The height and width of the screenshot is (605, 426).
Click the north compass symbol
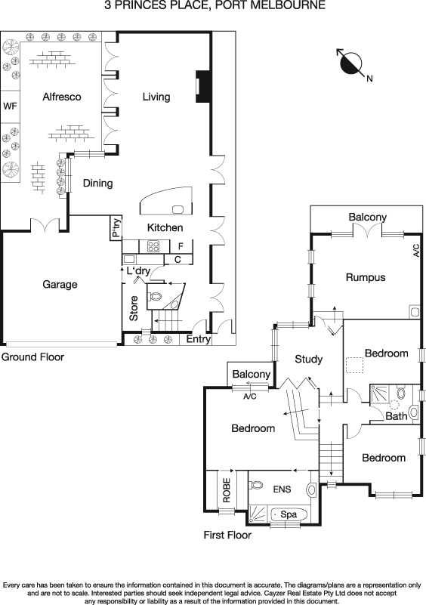point(352,63)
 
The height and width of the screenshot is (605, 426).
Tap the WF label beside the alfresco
point(10,106)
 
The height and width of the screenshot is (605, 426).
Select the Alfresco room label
point(62,97)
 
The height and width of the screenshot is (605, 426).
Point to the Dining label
point(97,183)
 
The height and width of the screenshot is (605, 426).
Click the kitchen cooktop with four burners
point(153,245)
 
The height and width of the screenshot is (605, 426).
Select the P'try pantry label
point(116,229)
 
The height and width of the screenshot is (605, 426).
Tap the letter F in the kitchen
point(180,245)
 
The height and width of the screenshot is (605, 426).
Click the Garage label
point(60,285)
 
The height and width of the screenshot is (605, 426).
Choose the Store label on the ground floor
point(134,312)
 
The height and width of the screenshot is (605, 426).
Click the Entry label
point(199,339)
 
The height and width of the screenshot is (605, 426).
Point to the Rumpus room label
point(366,277)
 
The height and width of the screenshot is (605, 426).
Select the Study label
point(309,359)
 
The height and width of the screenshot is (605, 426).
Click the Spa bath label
point(288,514)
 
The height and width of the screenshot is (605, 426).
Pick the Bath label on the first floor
point(397,416)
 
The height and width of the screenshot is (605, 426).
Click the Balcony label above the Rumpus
point(367,218)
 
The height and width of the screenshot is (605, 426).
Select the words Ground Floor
point(32,357)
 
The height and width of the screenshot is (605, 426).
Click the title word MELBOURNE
point(286,5)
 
